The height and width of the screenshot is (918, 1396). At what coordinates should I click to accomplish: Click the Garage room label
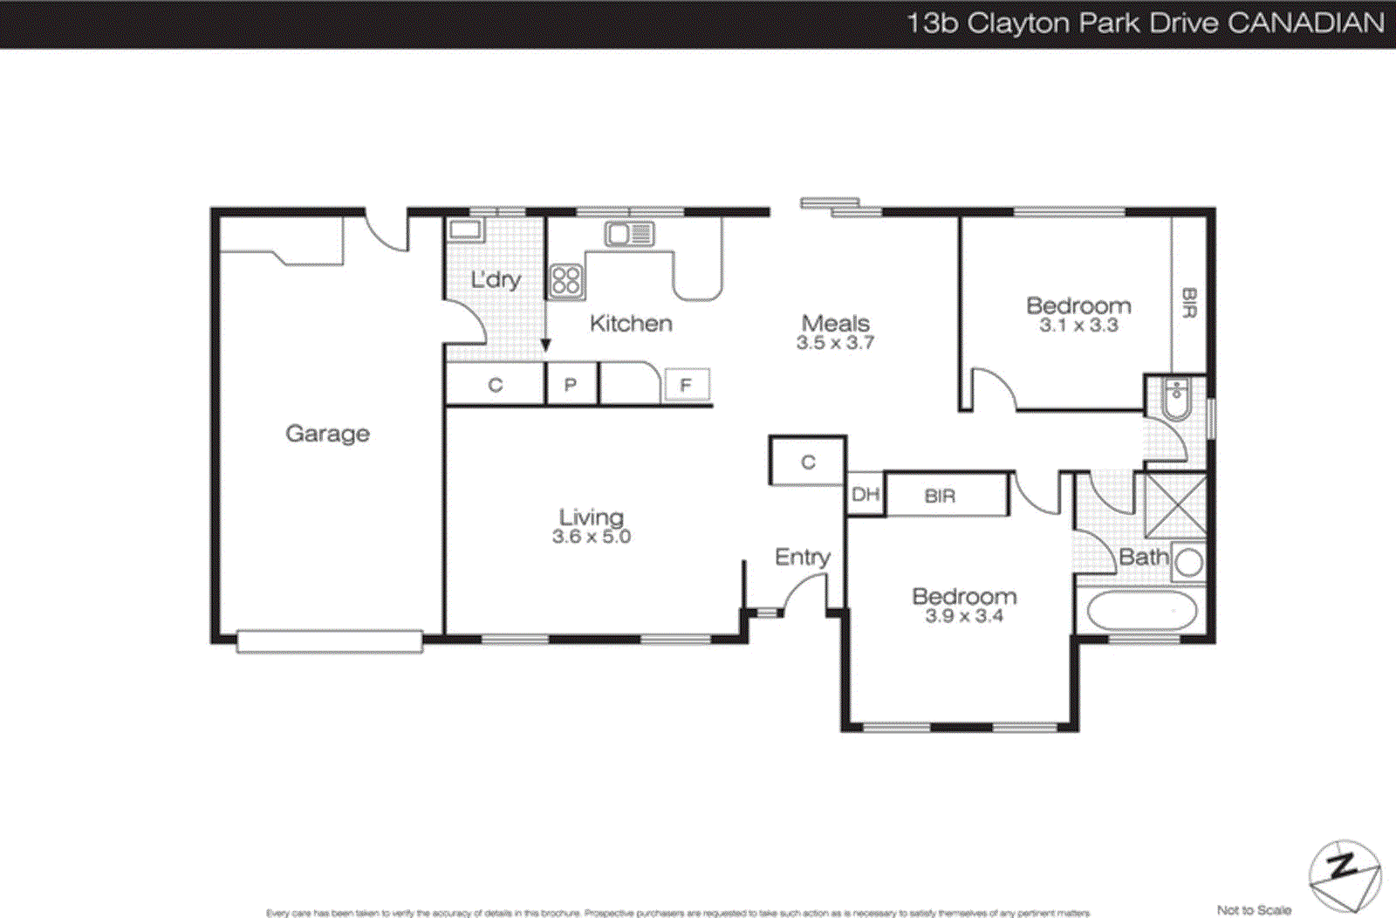(327, 433)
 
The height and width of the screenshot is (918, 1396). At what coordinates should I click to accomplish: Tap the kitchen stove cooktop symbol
(566, 281)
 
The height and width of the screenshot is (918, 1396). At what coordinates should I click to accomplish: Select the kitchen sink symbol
(629, 234)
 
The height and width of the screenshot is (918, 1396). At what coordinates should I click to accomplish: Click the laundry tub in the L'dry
(465, 230)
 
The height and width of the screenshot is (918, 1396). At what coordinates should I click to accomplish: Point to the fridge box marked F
(686, 385)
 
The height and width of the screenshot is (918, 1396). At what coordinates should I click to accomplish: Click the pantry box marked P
(571, 385)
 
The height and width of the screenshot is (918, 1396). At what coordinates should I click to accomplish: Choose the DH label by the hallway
(865, 495)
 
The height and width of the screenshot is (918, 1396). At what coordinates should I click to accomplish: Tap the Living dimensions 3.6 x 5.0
(591, 537)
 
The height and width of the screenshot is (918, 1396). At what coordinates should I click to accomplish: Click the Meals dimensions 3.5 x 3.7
(835, 343)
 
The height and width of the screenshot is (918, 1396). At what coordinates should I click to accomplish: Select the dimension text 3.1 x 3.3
(1078, 325)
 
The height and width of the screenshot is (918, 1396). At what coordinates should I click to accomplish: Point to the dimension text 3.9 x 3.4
(964, 616)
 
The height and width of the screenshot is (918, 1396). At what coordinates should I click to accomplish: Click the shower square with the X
(1175, 505)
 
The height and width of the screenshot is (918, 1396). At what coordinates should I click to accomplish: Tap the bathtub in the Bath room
(1141, 611)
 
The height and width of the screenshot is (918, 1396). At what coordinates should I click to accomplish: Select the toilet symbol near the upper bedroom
(1176, 399)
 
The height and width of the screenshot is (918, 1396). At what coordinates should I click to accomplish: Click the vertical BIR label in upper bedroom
(1188, 302)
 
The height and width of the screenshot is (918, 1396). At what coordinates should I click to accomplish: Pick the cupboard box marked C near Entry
(808, 462)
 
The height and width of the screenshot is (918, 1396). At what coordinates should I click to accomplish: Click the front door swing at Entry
(804, 593)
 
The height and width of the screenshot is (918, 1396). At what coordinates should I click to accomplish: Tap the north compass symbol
(1344, 875)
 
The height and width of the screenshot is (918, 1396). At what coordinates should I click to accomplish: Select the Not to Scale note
(1254, 909)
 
